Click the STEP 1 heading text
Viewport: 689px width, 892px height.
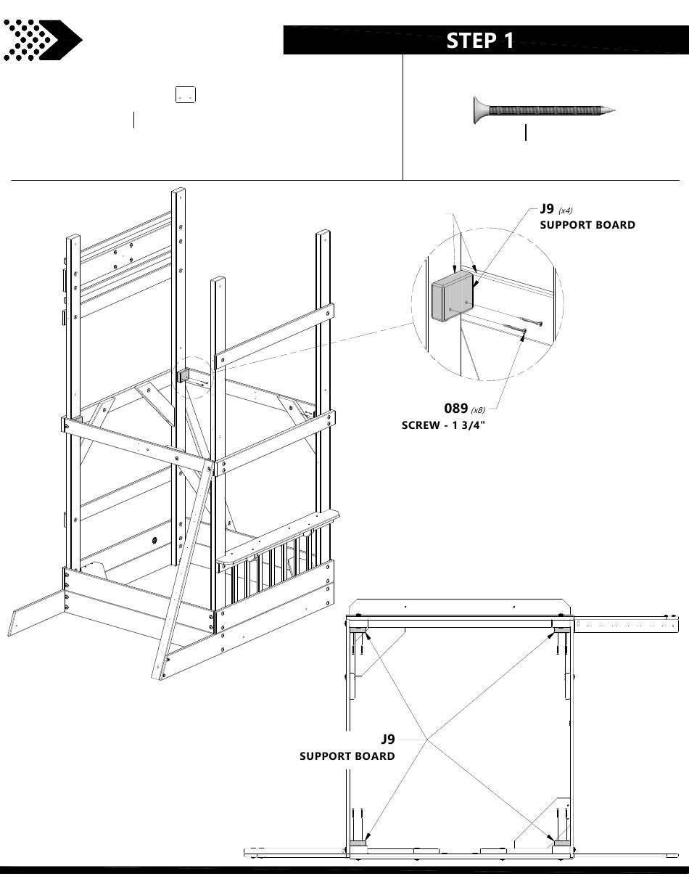tap(480, 41)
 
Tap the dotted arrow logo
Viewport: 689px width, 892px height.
tap(41, 40)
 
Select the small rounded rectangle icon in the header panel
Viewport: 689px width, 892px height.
tap(185, 94)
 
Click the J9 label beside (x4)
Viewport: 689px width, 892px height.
tap(547, 209)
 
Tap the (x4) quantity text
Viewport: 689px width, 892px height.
tap(566, 210)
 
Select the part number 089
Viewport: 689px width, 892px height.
tap(455, 409)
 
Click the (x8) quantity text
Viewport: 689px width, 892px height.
tap(478, 411)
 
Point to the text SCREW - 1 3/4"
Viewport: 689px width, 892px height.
tap(443, 425)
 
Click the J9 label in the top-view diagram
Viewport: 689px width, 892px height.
tap(388, 739)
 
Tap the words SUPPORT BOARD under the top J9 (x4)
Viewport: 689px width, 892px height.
tap(587, 225)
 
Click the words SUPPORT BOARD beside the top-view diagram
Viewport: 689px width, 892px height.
tap(347, 756)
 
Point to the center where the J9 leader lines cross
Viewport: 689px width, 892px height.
tap(426, 740)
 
